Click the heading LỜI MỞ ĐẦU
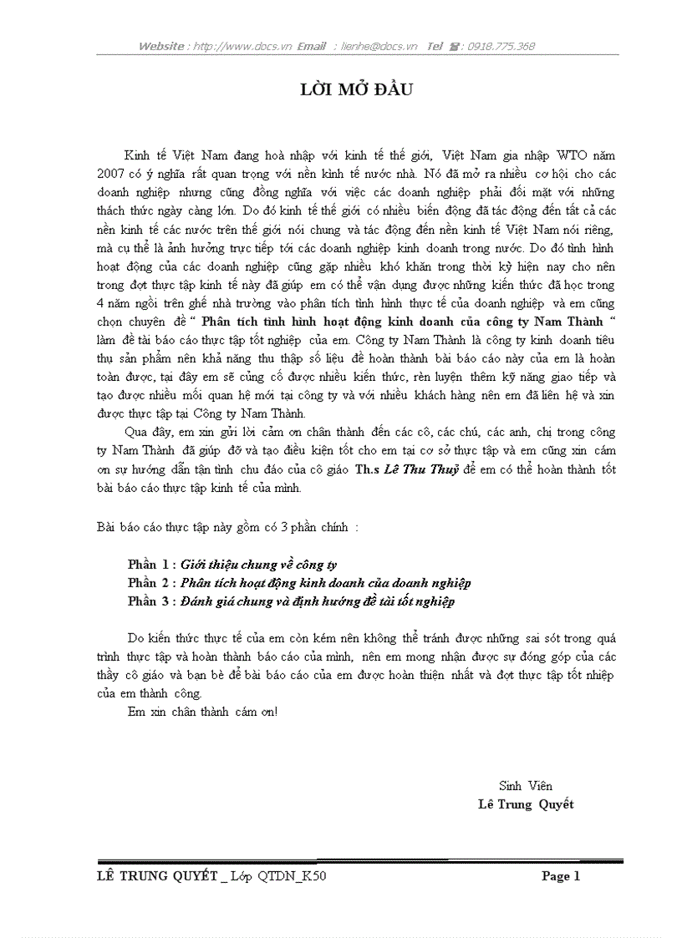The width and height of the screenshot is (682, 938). [357, 90]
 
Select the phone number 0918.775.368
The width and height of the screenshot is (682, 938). [501, 47]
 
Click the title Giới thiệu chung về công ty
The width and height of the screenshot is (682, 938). [259, 565]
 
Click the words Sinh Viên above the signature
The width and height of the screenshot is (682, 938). [525, 786]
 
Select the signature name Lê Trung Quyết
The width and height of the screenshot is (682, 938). [526, 804]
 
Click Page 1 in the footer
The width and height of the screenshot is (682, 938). [561, 876]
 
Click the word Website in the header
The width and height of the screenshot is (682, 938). [162, 47]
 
